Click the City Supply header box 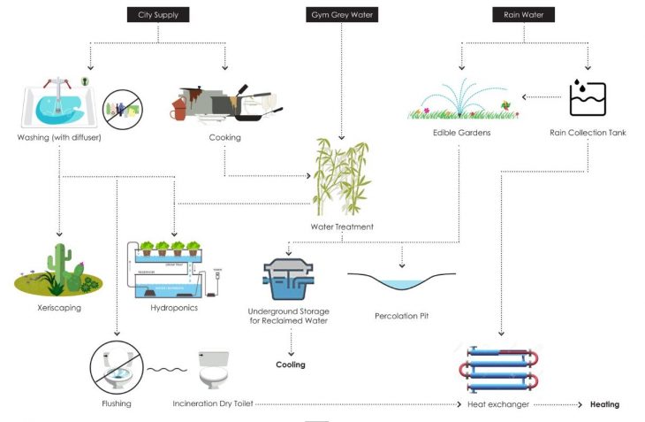[157, 15]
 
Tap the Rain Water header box [524, 15]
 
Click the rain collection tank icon [587, 97]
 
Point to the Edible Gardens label [461, 133]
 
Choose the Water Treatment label [342, 226]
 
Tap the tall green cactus [59, 263]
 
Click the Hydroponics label [173, 308]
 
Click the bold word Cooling [291, 364]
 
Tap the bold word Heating [604, 404]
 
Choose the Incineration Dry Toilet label [213, 404]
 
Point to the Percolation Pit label [401, 315]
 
